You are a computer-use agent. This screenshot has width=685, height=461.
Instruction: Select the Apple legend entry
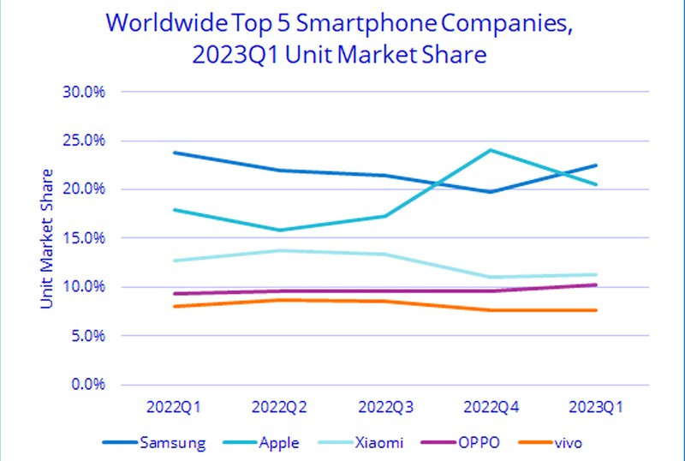coord(279,441)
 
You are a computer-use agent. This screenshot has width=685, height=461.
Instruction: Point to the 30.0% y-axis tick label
coord(83,91)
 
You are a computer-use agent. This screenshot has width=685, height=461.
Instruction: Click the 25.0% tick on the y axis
coord(83,140)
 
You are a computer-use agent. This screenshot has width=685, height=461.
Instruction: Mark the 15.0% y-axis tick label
coord(83,237)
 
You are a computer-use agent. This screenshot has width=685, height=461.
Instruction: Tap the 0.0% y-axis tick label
coord(86,384)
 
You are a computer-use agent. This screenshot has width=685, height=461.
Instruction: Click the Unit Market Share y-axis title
coord(47,237)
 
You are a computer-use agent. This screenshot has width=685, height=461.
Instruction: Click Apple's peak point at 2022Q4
coord(491,150)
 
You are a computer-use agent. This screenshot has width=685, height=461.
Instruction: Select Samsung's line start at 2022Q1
coord(174,153)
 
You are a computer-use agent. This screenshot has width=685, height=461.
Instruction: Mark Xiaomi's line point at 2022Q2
coord(279,250)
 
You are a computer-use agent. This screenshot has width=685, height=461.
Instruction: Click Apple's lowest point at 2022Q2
coord(279,230)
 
